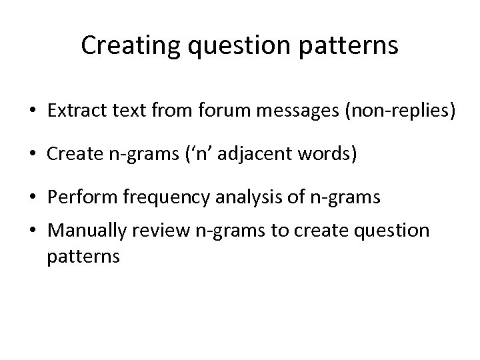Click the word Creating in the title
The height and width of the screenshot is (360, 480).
click(x=124, y=46)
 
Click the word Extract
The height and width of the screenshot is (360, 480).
click(x=73, y=112)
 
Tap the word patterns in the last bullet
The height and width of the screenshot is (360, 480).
click(x=83, y=257)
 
